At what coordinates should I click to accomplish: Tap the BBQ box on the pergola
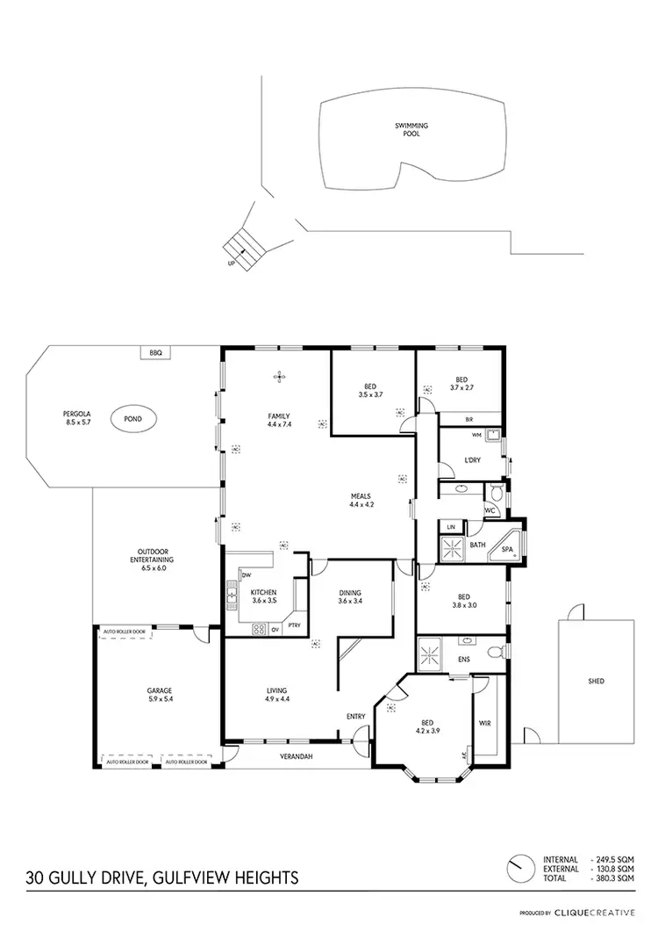tap(156, 353)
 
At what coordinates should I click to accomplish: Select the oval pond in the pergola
tap(134, 419)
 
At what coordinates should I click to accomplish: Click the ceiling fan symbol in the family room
tap(279, 377)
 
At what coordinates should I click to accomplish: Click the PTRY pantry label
tap(295, 625)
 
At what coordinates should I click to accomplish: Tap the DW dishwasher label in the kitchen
tap(234, 575)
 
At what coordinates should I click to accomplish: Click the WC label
tap(490, 510)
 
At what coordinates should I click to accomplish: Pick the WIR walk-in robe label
tap(484, 722)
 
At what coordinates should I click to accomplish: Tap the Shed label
tap(596, 681)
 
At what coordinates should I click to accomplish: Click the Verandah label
tap(297, 755)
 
